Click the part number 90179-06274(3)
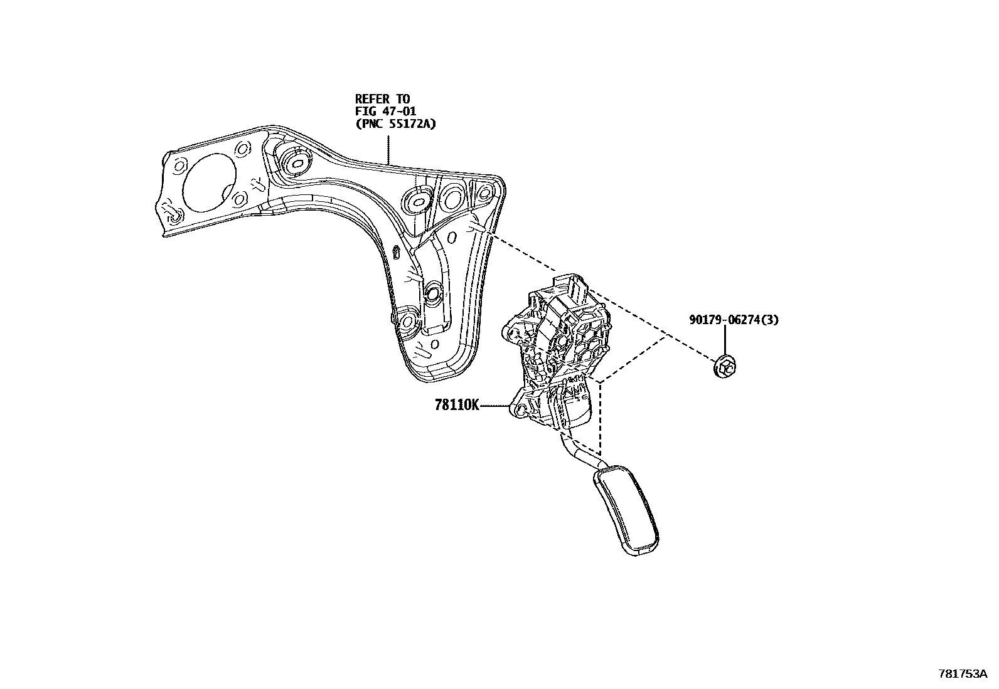pos(734,320)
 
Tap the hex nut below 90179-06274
pos(725,367)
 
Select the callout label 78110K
pos(457,406)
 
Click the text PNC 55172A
pos(395,124)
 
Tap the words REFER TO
pos(382,98)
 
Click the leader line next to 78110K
pos(496,406)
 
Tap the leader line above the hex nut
pos(725,341)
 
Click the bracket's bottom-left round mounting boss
pos(407,321)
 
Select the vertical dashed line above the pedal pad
pos(601,420)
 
